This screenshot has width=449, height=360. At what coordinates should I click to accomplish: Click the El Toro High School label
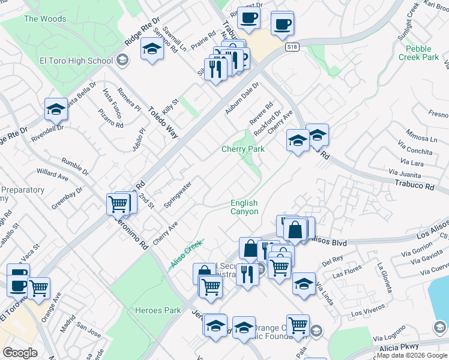click(x=76, y=61)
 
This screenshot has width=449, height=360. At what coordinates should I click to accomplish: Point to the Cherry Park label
click(x=243, y=149)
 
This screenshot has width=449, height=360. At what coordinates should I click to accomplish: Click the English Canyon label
click(x=244, y=207)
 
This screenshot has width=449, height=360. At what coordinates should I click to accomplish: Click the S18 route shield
click(x=292, y=47)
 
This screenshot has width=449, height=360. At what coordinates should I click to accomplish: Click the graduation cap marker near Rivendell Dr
click(x=56, y=109)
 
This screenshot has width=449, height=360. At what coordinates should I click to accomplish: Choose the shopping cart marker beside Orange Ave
click(x=39, y=287)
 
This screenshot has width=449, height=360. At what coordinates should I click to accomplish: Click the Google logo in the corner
click(x=20, y=353)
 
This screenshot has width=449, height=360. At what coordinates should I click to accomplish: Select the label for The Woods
click(x=45, y=19)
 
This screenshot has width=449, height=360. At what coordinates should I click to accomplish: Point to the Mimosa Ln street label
click(x=424, y=134)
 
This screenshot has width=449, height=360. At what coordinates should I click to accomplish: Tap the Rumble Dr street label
click(x=75, y=167)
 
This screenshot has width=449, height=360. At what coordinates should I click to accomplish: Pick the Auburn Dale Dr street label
click(x=242, y=98)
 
